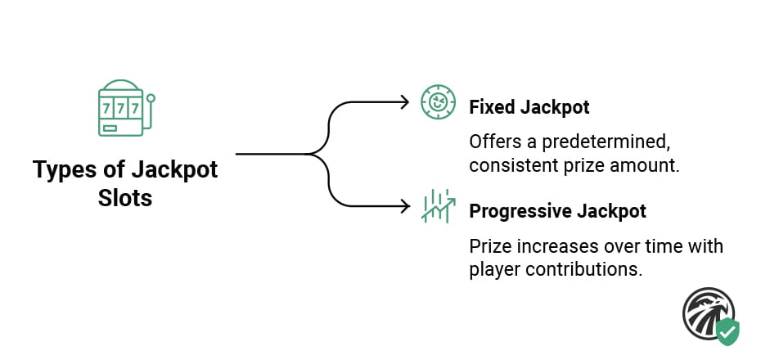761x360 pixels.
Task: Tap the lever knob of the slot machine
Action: (x=150, y=99)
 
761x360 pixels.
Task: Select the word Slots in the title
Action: (x=125, y=197)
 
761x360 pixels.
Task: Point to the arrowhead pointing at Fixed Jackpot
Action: (x=403, y=102)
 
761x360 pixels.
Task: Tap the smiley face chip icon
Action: (x=437, y=102)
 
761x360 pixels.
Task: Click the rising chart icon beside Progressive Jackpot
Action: (x=437, y=205)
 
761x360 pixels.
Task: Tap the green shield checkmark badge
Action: (x=727, y=331)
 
